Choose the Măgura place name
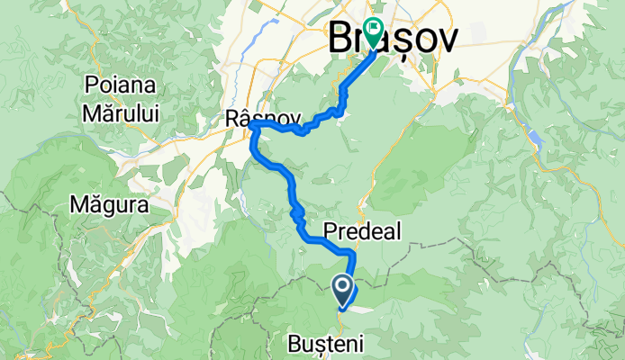tap(109, 205)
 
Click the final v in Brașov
tap(444, 38)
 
